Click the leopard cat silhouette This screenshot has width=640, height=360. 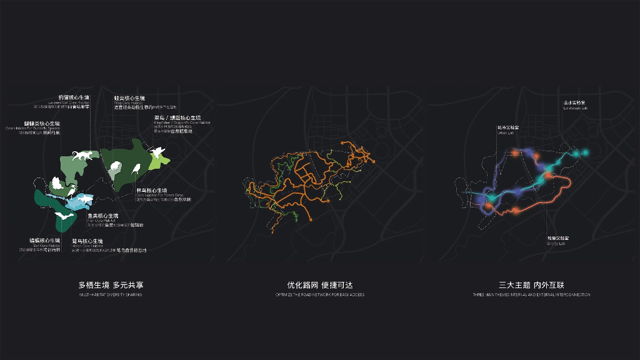[x=82, y=156]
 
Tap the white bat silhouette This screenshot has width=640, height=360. [x=64, y=214]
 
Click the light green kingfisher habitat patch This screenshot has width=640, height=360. [x=160, y=161]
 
